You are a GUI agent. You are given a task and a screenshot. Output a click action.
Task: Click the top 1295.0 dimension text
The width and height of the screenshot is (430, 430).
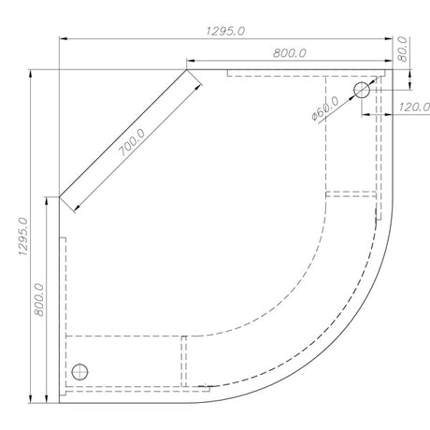coord(224,30)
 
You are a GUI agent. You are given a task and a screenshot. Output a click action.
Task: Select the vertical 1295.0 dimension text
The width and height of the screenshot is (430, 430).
coord(21,241)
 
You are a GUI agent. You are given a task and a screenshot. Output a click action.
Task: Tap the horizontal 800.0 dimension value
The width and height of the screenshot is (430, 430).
coord(289,52)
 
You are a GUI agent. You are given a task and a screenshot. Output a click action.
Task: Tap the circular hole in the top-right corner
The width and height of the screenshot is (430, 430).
coord(361,90)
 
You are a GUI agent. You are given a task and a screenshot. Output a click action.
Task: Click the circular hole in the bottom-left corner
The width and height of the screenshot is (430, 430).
coord(81,371)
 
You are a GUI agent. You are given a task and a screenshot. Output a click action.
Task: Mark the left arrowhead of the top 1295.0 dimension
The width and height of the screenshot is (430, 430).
coord(64,39)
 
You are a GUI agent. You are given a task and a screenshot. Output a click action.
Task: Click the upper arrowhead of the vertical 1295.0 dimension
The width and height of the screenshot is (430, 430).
coord(33,74)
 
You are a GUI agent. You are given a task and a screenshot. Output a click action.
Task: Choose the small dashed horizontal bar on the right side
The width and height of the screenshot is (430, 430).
coord(350,193)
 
